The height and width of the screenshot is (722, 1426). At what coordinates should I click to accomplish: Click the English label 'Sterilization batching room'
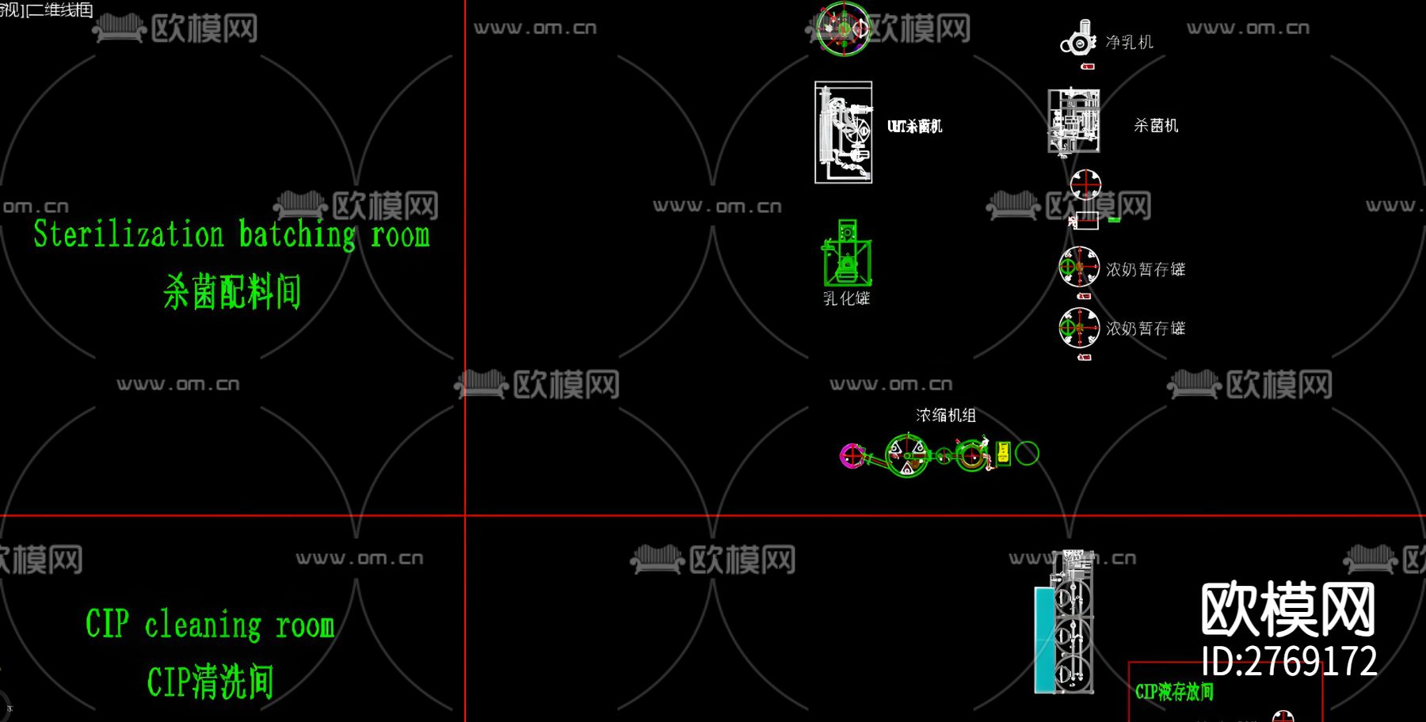(231, 235)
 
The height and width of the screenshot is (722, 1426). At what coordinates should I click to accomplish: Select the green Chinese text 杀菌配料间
(231, 291)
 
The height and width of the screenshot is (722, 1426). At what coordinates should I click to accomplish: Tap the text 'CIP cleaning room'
(210, 625)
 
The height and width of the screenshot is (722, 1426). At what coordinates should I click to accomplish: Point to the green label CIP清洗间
(210, 682)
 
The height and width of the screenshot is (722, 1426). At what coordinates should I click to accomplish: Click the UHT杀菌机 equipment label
(914, 127)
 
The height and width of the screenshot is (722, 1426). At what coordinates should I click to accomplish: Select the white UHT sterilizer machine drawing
(843, 132)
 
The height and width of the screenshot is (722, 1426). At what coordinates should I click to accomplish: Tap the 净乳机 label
(1129, 43)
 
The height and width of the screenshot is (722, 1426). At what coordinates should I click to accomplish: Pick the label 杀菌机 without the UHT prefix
(1156, 126)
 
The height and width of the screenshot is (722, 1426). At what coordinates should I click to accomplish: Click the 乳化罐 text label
(846, 298)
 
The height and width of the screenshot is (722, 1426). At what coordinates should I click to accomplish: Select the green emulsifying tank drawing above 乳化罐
(847, 253)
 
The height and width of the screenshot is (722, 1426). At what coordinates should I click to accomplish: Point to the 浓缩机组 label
(945, 416)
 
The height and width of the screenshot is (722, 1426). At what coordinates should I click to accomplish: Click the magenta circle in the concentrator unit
(851, 455)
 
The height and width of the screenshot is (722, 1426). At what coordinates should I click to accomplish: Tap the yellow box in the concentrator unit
(1003, 453)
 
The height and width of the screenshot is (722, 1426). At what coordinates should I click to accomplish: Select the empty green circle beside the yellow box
(1027, 453)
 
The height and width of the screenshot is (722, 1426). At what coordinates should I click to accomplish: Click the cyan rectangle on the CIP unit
(1044, 640)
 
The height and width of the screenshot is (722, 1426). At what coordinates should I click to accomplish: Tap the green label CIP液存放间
(1174, 692)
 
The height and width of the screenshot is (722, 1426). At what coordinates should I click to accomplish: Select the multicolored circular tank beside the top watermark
(843, 28)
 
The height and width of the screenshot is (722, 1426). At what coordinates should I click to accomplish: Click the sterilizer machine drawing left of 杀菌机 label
(1073, 121)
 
